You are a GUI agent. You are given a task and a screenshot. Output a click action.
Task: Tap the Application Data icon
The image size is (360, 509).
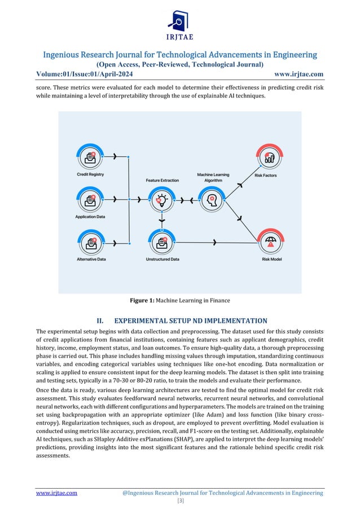point(90,199)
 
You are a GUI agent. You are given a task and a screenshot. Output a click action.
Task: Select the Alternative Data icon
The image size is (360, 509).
point(90,243)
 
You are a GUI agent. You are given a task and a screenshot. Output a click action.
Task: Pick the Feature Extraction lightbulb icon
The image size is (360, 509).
point(163,199)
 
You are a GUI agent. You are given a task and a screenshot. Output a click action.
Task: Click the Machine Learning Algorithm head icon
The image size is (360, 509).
point(213,199)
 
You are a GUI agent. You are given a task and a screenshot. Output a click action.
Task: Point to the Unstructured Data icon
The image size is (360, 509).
point(163,243)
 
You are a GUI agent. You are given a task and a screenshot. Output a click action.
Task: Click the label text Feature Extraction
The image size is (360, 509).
point(163,181)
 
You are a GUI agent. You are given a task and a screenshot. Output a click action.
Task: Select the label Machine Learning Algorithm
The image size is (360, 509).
point(213,178)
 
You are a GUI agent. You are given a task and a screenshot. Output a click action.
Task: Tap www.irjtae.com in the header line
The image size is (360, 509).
point(298,73)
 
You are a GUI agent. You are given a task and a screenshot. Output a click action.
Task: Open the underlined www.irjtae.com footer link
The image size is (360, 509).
point(56,493)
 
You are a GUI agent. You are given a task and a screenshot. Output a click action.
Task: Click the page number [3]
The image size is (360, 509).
point(180,501)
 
